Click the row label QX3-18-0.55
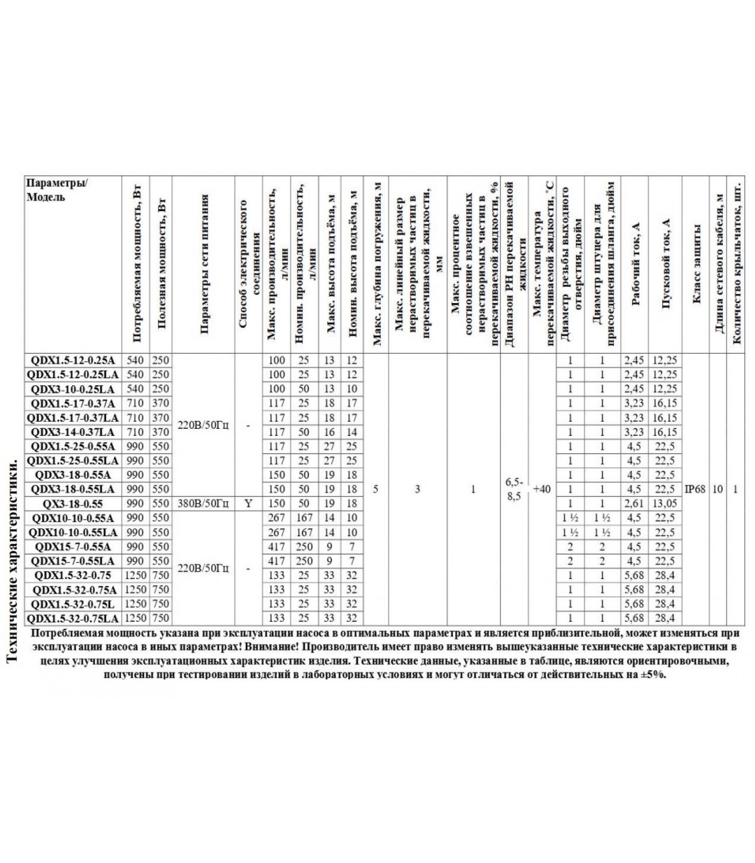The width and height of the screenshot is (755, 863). (72, 504)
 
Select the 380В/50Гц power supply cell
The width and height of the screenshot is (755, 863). (203, 504)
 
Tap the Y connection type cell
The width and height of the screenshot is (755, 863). (248, 504)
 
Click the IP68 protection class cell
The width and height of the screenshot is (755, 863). (695, 489)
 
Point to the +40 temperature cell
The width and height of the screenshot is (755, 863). (541, 489)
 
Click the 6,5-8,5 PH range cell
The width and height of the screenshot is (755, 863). (514, 490)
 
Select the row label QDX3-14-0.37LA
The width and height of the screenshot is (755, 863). (72, 432)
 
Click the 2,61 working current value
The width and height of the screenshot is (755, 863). (634, 504)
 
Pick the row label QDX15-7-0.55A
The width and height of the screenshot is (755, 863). (72, 547)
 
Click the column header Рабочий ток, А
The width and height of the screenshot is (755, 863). (635, 264)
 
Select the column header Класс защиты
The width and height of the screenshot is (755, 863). (696, 264)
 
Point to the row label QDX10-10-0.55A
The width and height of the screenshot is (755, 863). (72, 518)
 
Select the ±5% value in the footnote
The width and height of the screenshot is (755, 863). (653, 675)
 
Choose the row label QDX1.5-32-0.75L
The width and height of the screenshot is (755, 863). (72, 604)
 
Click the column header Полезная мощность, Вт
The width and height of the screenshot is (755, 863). (161, 264)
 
